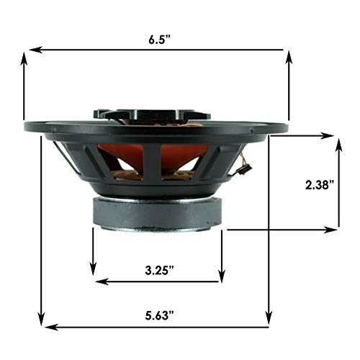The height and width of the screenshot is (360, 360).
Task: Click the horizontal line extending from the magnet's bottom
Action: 281,230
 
